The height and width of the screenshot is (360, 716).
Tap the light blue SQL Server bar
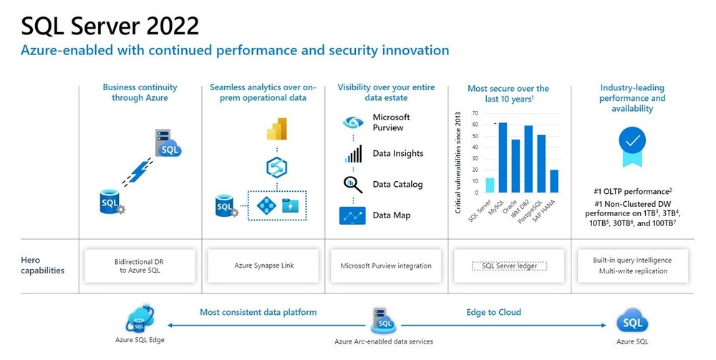coord(490,185)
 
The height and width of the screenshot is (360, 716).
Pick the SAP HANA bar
coord(553,181)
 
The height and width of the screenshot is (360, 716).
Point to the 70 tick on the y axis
coord(475,114)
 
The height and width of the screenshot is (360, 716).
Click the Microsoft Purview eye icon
coord(352,122)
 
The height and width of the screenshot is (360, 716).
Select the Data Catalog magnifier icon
coord(352,185)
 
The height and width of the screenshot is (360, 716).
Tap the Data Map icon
coord(352,215)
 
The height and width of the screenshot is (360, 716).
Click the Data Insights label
coord(397,153)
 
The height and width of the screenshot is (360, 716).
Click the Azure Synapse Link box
coord(263,266)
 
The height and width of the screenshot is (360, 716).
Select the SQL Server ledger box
coord(508,266)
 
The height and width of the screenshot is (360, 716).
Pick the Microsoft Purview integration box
coord(386,266)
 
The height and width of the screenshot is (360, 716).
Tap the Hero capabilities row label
coord(42,266)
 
